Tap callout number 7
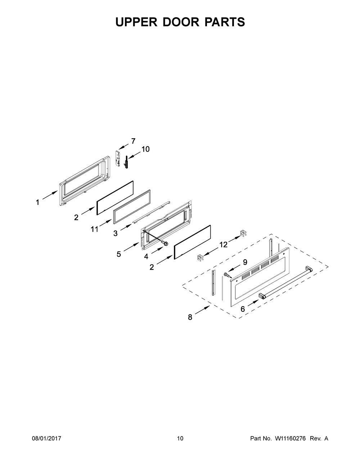point(133,141)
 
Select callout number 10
point(145,149)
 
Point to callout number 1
point(38,202)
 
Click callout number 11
point(94,229)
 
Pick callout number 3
point(116,233)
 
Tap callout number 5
point(119,254)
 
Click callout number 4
point(146,256)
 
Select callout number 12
point(223,245)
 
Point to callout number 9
point(245,262)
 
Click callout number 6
point(243,309)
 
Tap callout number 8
point(190,317)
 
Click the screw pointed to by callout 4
point(165,243)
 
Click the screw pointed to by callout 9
point(227,275)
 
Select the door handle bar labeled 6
point(285,282)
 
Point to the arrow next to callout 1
point(50,195)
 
